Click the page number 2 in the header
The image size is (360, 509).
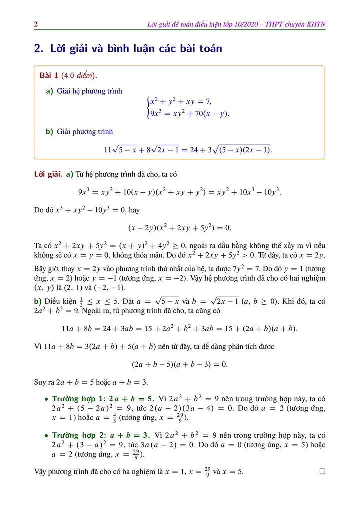point(36,24)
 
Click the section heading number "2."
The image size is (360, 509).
point(40,49)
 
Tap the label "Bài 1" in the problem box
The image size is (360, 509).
point(49,76)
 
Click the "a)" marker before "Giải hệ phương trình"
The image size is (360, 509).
point(49,91)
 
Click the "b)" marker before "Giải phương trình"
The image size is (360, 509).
point(49,132)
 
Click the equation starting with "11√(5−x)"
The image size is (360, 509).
point(188,149)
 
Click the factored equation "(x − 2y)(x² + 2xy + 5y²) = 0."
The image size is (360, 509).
point(180,228)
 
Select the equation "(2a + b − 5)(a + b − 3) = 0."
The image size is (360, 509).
point(180,364)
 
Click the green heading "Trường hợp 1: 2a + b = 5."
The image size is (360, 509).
point(103,399)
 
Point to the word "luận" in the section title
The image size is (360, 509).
point(146,49)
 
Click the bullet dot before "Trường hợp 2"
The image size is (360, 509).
point(46,436)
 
